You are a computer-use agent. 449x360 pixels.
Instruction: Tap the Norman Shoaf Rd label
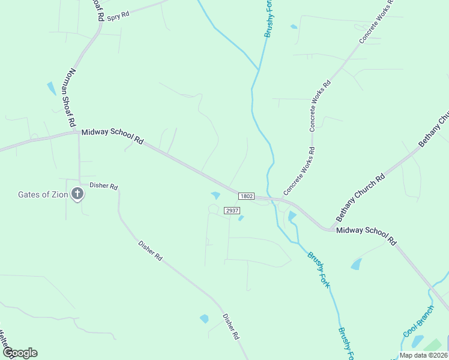click(x=71, y=96)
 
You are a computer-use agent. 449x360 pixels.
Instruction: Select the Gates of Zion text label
click(x=43, y=194)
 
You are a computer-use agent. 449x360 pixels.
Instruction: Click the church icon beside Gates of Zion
click(x=77, y=194)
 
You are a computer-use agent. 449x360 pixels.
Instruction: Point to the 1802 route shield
click(x=246, y=196)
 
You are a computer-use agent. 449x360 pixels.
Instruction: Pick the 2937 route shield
click(x=232, y=211)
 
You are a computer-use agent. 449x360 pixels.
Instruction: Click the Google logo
click(x=20, y=353)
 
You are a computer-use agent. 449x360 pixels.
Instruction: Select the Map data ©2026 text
click(x=423, y=355)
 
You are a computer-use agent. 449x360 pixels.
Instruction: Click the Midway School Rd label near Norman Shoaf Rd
click(x=112, y=136)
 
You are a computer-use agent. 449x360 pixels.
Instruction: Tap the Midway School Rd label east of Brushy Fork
click(x=366, y=235)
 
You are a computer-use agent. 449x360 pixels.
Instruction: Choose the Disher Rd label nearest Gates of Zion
click(x=103, y=186)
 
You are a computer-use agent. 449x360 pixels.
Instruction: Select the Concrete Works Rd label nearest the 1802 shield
click(x=298, y=171)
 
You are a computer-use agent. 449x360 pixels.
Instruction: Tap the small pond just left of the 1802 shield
click(x=215, y=195)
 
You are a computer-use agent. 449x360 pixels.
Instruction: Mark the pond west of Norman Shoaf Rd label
click(x=51, y=88)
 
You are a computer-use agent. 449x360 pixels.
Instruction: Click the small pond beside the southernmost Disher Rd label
click(x=204, y=319)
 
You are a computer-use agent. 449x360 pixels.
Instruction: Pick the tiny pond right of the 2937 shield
click(x=241, y=218)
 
